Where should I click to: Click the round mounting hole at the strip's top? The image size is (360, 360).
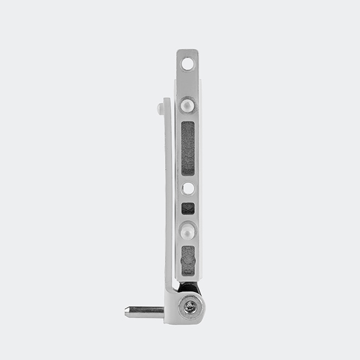click(x=187, y=64)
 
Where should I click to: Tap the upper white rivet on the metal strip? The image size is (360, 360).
click(x=187, y=104)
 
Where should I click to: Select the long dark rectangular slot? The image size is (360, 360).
click(x=187, y=147)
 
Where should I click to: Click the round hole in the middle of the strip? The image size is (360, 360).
click(x=188, y=188)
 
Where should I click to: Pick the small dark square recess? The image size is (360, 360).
click(x=187, y=208)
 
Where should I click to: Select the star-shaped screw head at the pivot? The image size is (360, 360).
click(x=190, y=307)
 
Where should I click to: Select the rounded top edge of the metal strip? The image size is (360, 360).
click(x=187, y=51)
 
